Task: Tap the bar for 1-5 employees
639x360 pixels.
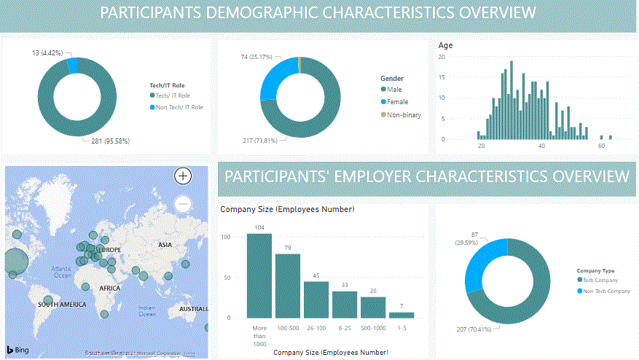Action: pyautogui.click(x=401, y=315)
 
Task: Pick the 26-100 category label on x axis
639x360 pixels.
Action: pyautogui.click(x=316, y=328)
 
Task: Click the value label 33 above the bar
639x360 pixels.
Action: pyautogui.click(x=345, y=285)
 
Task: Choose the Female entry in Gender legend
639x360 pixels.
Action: pyautogui.click(x=398, y=102)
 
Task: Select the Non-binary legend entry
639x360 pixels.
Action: pyautogui.click(x=404, y=115)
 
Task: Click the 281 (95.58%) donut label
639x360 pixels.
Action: pyautogui.click(x=111, y=141)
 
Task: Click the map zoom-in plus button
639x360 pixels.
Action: pyautogui.click(x=183, y=176)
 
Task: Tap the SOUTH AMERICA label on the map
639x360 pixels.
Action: pyautogui.click(x=62, y=305)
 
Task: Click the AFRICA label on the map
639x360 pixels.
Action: pyautogui.click(x=109, y=289)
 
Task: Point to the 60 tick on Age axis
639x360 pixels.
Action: pyautogui.click(x=601, y=146)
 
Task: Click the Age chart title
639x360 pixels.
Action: pyautogui.click(x=444, y=45)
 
